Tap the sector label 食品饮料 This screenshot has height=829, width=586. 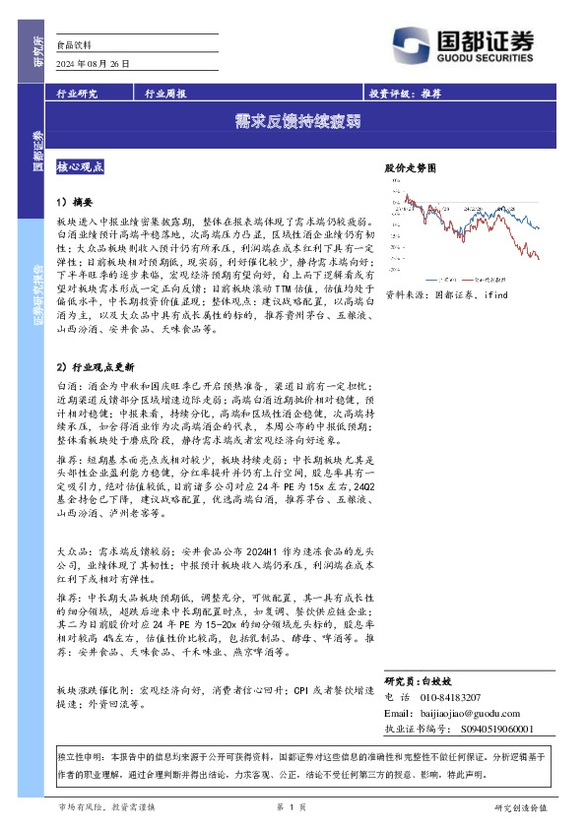point(75,44)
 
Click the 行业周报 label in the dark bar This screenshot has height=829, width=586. point(164,94)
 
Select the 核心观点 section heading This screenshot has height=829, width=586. point(82,168)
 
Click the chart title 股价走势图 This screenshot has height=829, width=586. point(409,169)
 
